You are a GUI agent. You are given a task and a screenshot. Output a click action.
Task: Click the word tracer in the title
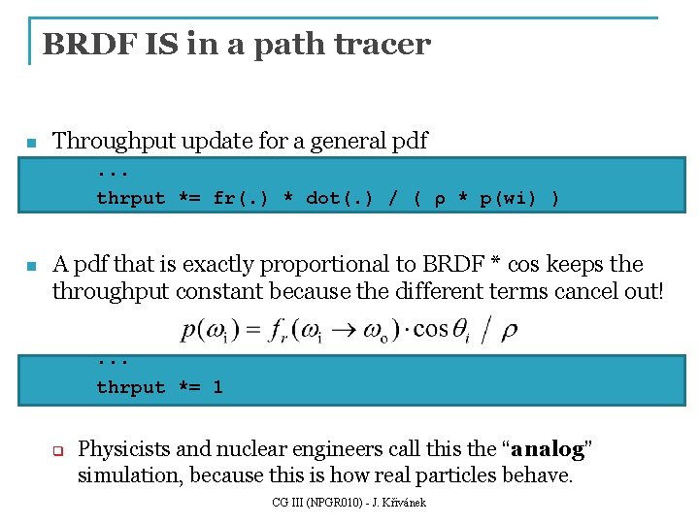point(383,44)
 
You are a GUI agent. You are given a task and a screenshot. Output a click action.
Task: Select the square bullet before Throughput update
point(30,144)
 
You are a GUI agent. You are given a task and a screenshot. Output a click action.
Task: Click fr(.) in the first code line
point(238,198)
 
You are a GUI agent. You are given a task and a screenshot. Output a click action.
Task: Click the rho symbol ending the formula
point(508,332)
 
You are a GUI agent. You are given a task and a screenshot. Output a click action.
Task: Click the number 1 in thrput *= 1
point(217,387)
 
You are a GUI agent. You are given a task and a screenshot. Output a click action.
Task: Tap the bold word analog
point(548,449)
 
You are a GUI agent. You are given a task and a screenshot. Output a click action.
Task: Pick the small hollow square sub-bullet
point(57,451)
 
